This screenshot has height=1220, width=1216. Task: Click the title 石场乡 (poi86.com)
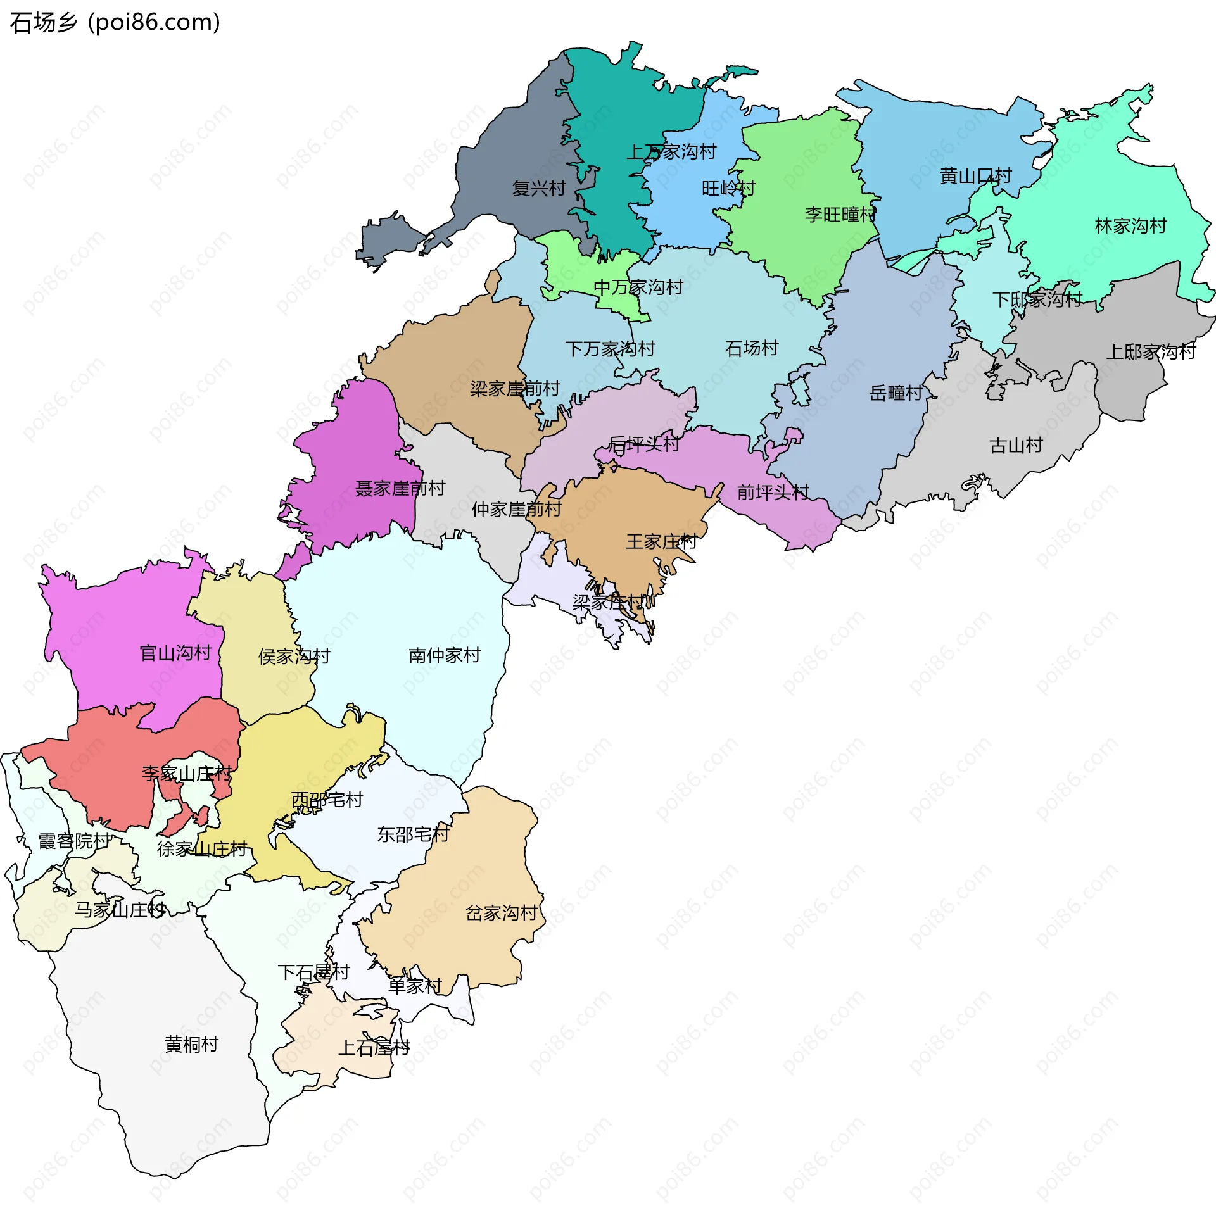(115, 23)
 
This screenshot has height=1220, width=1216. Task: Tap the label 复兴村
(538, 189)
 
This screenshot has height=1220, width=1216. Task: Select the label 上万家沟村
(671, 152)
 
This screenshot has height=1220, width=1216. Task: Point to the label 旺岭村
(728, 189)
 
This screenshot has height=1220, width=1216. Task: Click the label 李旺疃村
(840, 215)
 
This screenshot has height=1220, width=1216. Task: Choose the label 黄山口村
(975, 176)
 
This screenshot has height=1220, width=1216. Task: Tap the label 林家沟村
(1130, 226)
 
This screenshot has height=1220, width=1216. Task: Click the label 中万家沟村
(638, 287)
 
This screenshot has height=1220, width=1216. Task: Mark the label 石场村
(751, 348)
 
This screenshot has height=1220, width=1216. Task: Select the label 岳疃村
(896, 394)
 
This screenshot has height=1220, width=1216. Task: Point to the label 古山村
(1016, 446)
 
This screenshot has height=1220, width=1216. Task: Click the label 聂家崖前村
(400, 489)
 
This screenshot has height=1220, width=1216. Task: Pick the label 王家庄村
(661, 542)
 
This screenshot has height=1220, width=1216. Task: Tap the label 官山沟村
(175, 653)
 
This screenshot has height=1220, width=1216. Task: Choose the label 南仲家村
(445, 655)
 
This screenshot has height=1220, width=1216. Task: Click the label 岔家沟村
(501, 913)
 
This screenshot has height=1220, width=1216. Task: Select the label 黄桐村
(191, 1045)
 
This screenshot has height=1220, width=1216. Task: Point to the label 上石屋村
(374, 1048)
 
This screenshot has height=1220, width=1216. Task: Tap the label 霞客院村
(75, 841)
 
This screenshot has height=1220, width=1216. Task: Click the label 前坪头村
(773, 493)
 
